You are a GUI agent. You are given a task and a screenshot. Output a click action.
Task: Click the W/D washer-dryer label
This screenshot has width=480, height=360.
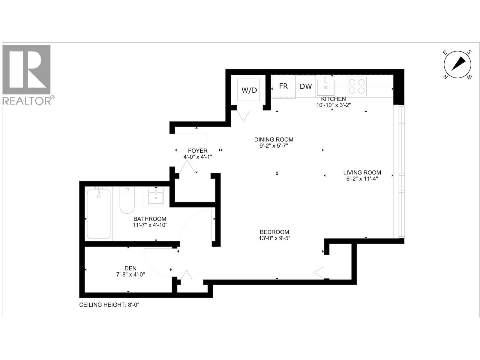click(249, 90)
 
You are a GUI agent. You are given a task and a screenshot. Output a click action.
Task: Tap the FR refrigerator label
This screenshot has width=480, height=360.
click(283, 86)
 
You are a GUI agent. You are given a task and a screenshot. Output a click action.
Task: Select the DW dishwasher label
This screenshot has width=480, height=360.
click(306, 86)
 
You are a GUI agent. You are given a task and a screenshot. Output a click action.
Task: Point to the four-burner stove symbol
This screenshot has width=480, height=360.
click(357, 86)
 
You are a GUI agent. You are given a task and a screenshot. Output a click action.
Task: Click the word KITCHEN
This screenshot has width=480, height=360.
click(333, 99)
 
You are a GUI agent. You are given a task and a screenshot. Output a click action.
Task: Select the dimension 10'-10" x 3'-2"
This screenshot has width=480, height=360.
click(333, 105)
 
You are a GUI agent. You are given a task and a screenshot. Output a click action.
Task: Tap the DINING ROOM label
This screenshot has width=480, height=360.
click(274, 139)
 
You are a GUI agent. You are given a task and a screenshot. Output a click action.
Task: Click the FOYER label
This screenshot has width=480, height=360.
click(198, 151)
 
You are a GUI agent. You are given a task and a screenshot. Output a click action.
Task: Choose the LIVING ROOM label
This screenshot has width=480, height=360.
click(362, 172)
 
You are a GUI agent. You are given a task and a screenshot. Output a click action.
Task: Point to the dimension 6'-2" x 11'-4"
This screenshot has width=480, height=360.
click(362, 179)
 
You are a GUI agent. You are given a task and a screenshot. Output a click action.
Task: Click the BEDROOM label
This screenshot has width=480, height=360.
click(274, 232)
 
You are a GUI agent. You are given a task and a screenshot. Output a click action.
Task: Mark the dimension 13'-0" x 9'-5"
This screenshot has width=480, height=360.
click(274, 238)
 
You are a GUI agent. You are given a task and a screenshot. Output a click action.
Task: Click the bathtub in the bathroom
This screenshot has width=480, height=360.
click(99, 214)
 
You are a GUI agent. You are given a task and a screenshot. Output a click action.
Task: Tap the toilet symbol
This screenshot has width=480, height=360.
click(127, 200)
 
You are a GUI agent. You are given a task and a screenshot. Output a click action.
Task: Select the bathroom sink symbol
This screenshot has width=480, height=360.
click(156, 197)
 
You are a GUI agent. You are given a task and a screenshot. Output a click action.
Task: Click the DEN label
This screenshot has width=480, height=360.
click(130, 268)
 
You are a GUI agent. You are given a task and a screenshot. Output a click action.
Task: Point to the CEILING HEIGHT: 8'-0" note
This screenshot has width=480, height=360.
click(109, 305)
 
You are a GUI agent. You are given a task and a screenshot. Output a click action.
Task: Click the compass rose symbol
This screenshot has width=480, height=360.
click(457, 64)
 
